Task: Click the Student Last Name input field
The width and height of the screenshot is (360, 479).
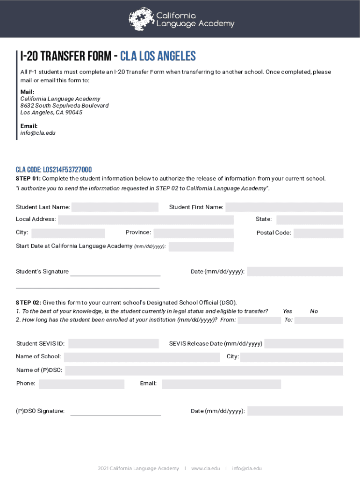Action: pos(115,207)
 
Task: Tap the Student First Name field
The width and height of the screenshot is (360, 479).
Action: pos(284,207)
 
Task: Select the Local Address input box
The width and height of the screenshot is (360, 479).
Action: pos(146,220)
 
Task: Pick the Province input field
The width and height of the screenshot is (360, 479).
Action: pos(194,233)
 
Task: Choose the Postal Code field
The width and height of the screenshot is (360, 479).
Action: pos(318,233)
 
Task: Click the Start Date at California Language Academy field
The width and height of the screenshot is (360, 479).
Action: pos(201,247)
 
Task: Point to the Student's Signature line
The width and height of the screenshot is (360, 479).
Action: pos(115,272)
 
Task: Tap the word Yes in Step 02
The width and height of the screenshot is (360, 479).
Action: pos(288,311)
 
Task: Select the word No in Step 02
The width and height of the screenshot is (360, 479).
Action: pos(314,311)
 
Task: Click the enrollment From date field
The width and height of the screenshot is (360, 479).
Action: pos(259,320)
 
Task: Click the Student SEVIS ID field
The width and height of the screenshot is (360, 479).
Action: pos(113,344)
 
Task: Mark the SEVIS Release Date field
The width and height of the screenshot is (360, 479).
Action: pos(303,344)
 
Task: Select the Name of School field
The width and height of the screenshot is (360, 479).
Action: pos(142,357)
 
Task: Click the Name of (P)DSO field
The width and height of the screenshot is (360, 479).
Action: pos(204,370)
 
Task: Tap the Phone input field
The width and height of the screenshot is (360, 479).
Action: pos(82,384)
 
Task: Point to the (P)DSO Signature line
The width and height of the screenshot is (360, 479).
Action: pos(115,412)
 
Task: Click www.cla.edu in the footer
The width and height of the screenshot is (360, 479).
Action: pos(205,468)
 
